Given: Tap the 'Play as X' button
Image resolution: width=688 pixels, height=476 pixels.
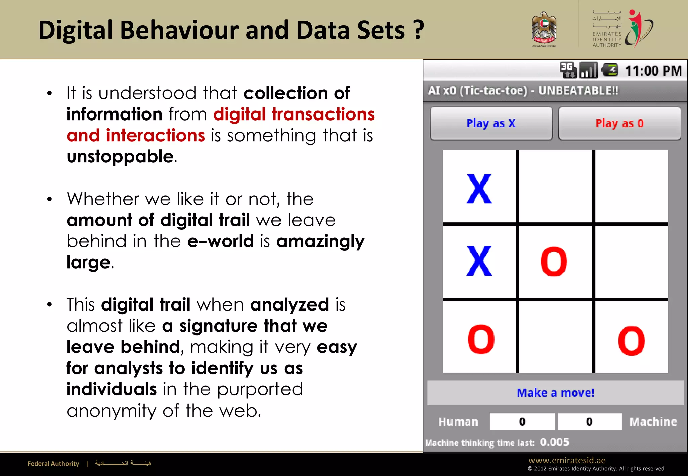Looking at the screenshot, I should click(491, 123).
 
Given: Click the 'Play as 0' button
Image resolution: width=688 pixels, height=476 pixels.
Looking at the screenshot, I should click(619, 123).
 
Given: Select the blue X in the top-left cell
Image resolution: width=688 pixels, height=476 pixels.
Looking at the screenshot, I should click(479, 189).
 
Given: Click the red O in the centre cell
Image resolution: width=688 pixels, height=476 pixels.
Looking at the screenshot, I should click(554, 261).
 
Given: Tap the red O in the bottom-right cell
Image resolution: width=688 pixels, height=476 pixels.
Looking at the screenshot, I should click(631, 341).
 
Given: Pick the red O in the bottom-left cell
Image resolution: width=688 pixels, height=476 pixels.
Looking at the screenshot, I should click(481, 339).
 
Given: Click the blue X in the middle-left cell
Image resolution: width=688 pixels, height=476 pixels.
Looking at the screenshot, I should click(479, 261).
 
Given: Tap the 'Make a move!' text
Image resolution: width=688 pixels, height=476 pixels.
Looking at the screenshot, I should click(555, 393).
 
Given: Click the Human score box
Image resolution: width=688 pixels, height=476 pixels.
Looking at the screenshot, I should click(522, 422).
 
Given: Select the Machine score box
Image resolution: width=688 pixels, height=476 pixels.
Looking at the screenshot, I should click(590, 422).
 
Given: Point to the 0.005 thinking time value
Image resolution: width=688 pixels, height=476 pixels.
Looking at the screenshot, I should click(554, 442).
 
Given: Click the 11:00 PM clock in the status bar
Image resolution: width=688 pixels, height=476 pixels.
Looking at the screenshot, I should click(653, 71).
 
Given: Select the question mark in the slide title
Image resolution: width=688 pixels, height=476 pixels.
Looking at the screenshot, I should click(418, 30).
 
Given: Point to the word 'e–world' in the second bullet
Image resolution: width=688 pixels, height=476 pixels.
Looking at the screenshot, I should click(220, 241).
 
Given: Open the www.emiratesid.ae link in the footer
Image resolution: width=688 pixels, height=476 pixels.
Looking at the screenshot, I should click(567, 460).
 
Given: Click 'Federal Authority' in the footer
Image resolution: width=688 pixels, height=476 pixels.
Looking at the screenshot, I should click(53, 464).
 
